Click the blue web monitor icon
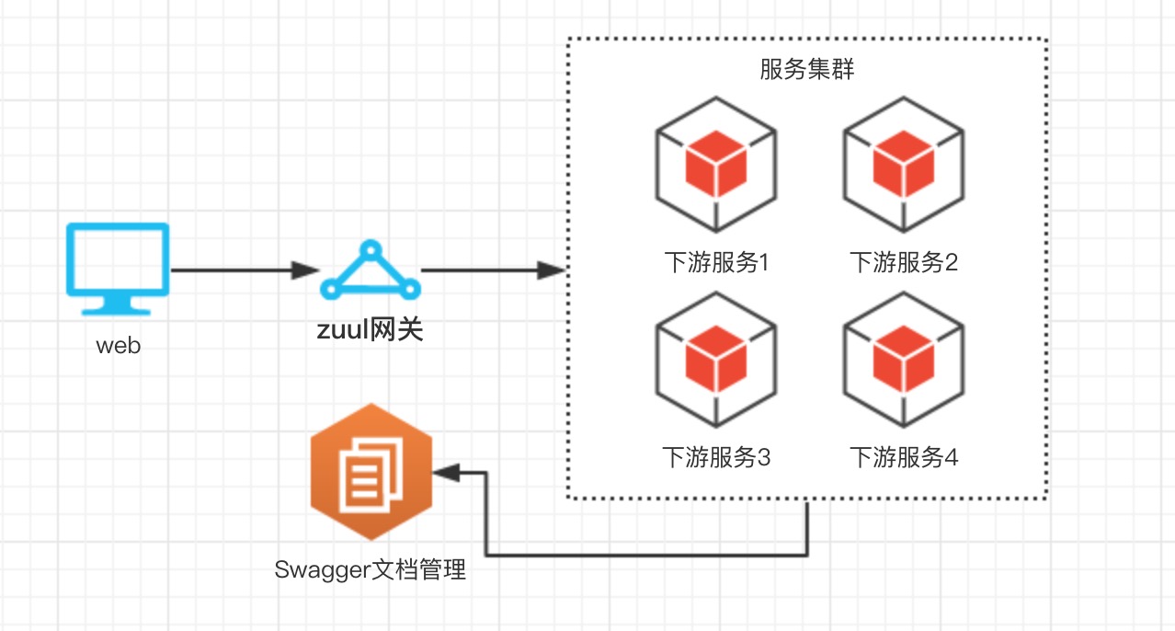click(x=118, y=261)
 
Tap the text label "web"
click(x=119, y=347)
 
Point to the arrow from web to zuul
click(x=245, y=270)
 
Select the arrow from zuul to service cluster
click(x=491, y=270)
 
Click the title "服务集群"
click(x=806, y=70)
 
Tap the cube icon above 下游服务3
click(x=716, y=359)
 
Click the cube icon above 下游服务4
click(x=905, y=359)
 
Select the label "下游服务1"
click(x=716, y=263)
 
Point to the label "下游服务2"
click(x=905, y=263)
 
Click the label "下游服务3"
click(x=716, y=457)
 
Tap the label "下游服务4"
click(x=905, y=457)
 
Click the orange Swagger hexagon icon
click(x=371, y=472)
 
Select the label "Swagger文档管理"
click(x=371, y=570)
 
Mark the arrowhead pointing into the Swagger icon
click(x=445, y=473)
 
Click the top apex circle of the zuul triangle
click(x=370, y=249)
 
